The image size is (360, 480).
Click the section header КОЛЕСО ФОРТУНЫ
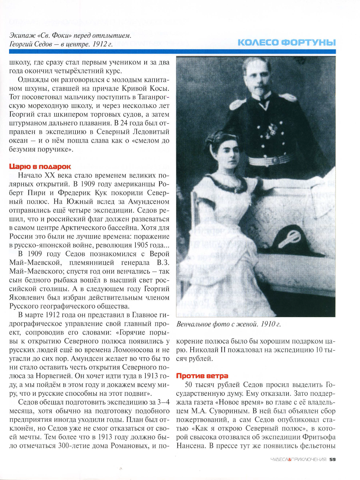[287, 42]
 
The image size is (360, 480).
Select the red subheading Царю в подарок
[40, 166]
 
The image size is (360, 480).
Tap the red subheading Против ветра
[202, 376]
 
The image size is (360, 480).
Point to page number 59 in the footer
[332, 459]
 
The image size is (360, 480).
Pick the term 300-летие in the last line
[72, 446]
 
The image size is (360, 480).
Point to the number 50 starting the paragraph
[189, 385]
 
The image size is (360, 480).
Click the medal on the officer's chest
[269, 129]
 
